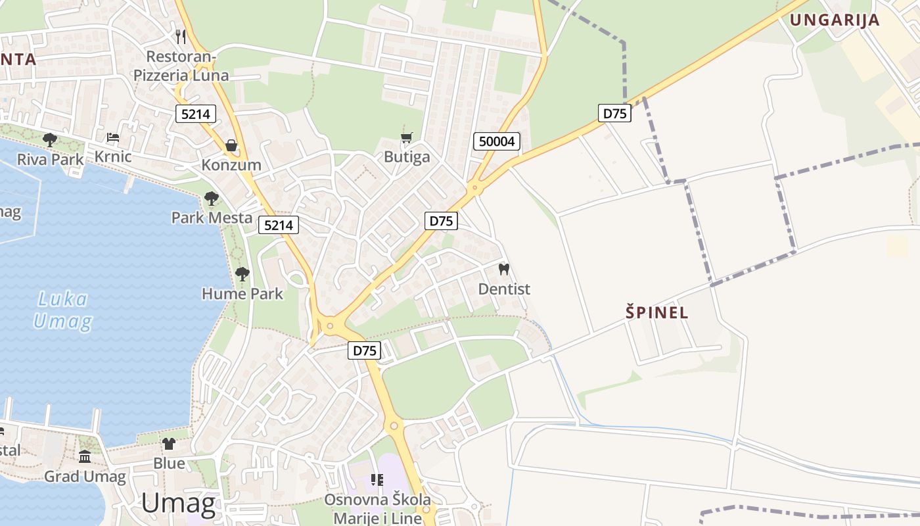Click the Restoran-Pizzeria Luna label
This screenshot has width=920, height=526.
pyautogui.click(x=181, y=66)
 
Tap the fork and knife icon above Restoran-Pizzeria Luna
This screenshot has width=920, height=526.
pyautogui.click(x=181, y=36)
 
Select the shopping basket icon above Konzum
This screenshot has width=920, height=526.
pyautogui.click(x=231, y=145)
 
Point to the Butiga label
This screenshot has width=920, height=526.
pyautogui.click(x=407, y=157)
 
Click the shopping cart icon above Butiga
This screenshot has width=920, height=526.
pyautogui.click(x=407, y=137)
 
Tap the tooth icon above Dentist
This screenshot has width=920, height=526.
pyautogui.click(x=504, y=269)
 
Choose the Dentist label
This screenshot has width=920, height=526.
pyautogui.click(x=504, y=289)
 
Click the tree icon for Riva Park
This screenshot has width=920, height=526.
pyautogui.click(x=49, y=139)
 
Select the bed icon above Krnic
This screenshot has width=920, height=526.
pyautogui.click(x=113, y=137)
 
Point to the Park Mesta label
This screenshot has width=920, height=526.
pyautogui.click(x=212, y=218)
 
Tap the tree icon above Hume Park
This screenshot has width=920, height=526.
pyautogui.click(x=242, y=274)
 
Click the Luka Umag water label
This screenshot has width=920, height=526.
pyautogui.click(x=62, y=310)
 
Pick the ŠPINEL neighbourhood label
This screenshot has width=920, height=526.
pyautogui.click(x=657, y=312)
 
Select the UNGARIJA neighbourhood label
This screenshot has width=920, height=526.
pyautogui.click(x=835, y=20)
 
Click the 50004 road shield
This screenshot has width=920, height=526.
pyautogui.click(x=497, y=141)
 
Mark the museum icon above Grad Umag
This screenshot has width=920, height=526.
pyautogui.click(x=85, y=457)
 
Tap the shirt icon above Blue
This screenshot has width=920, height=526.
pyautogui.click(x=169, y=444)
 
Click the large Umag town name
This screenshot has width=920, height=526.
pyautogui.click(x=178, y=504)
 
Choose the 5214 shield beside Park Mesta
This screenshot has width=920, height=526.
pyautogui.click(x=279, y=226)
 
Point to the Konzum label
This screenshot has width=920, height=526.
pyautogui.click(x=231, y=165)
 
